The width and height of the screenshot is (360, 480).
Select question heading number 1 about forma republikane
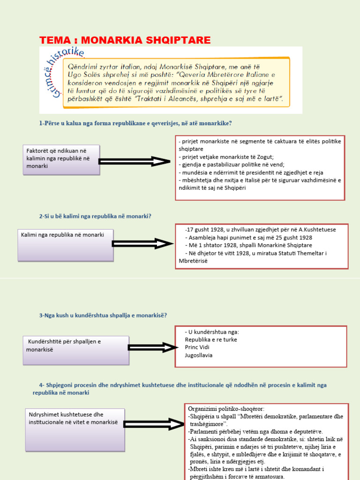[x=136, y=123]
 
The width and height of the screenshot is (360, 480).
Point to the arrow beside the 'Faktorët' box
[x=135, y=161]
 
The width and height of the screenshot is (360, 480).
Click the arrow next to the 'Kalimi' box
[x=142, y=244]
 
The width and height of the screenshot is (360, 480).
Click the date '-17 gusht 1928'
[x=202, y=230]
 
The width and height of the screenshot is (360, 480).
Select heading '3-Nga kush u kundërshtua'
[x=103, y=315]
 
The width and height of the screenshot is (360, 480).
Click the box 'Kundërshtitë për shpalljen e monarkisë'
[x=75, y=350]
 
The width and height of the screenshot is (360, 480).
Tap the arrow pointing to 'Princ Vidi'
[x=152, y=347]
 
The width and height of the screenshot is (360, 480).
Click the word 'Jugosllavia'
[x=199, y=355]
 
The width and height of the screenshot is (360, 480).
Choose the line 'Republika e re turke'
[x=211, y=339]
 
